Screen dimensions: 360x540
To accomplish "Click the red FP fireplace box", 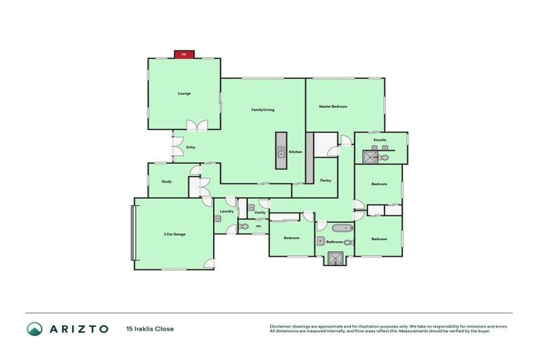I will pyautogui.click(x=184, y=54).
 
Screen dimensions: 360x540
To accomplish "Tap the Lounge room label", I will pyautogui.click(x=184, y=94).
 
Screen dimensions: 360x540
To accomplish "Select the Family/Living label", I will pyautogui.click(x=263, y=110).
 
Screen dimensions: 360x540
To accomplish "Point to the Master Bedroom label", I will pyautogui.click(x=333, y=106).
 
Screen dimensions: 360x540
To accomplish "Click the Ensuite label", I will pyautogui.click(x=380, y=140).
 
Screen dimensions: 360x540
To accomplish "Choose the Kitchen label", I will pyautogui.click(x=295, y=152).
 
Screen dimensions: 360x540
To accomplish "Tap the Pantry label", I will pyautogui.click(x=326, y=180).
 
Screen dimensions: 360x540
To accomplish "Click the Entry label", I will pyautogui.click(x=191, y=147).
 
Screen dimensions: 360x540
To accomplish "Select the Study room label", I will pyautogui.click(x=167, y=181).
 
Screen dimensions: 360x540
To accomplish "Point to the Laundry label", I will pyautogui.click(x=226, y=211).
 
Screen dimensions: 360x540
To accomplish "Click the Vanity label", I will pyautogui.click(x=259, y=212).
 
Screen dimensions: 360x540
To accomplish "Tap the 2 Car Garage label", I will pyautogui.click(x=174, y=233).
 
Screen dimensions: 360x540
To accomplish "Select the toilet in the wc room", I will pyautogui.click(x=244, y=226).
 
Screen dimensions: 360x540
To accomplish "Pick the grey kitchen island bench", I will pyautogui.click(x=281, y=150).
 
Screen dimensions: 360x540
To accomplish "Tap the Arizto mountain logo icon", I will pyautogui.click(x=34, y=328).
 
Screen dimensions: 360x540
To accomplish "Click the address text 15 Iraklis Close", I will pyautogui.click(x=150, y=328).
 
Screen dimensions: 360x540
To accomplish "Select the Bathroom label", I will pyautogui.click(x=334, y=242).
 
